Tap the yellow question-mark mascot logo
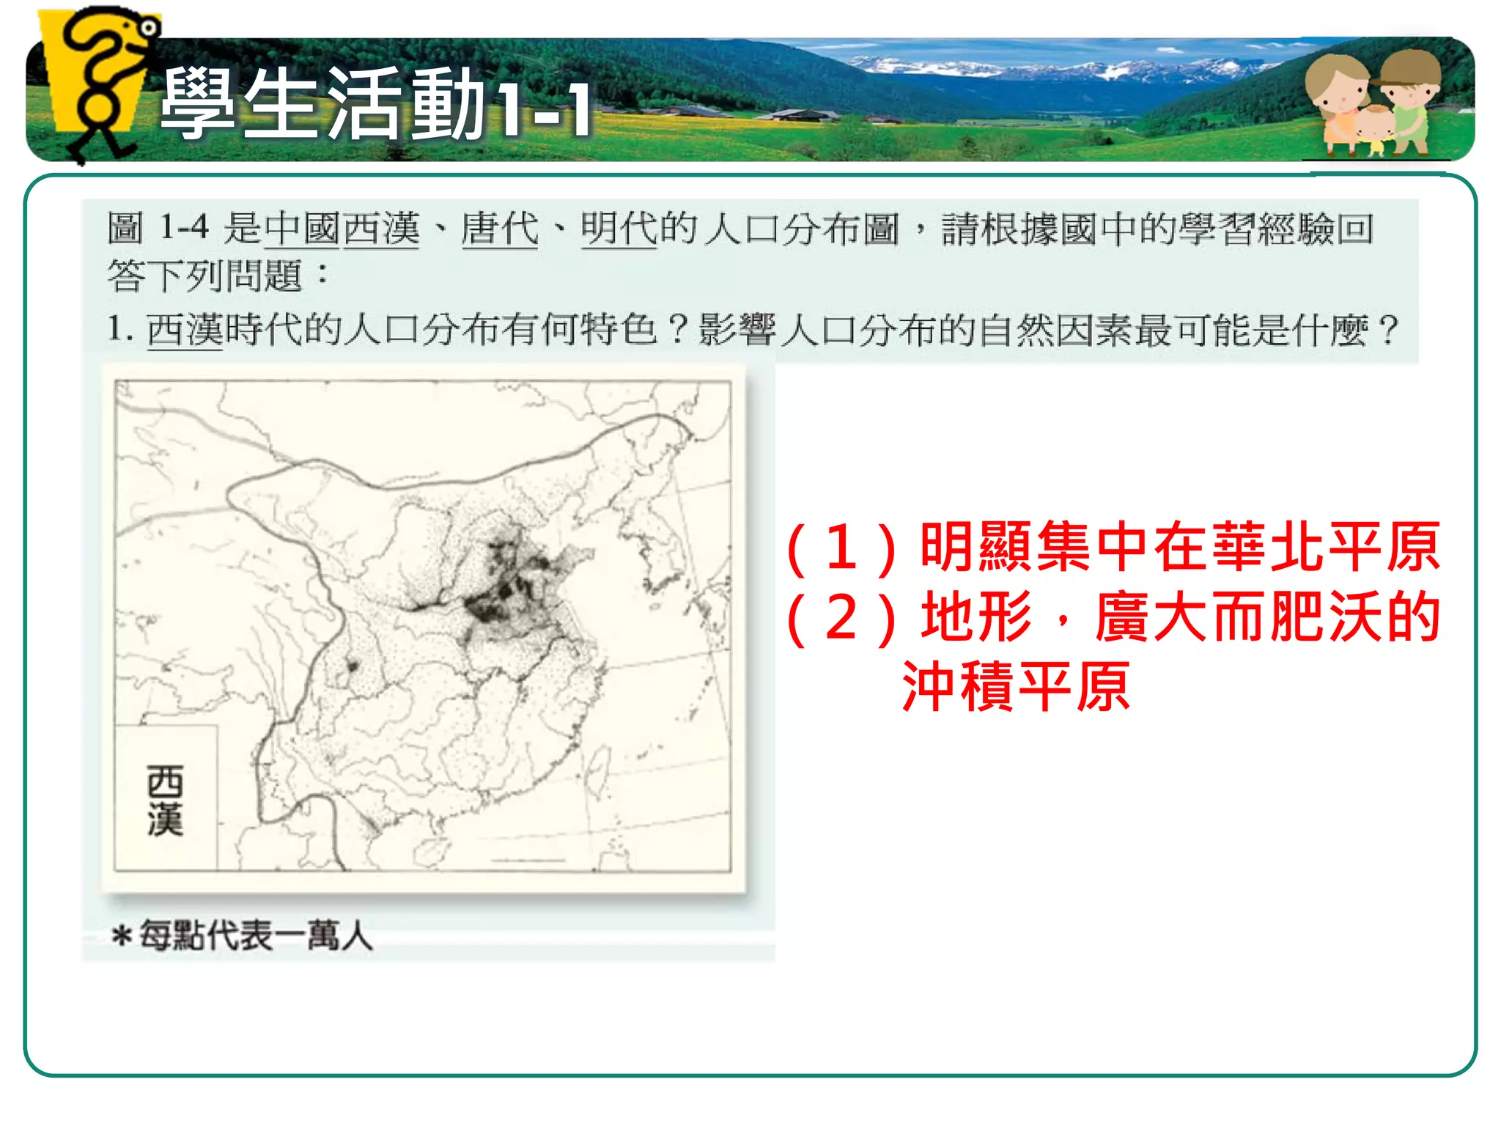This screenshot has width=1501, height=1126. (x=103, y=81)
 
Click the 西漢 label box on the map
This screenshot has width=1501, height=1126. (x=166, y=798)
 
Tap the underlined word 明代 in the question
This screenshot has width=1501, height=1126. (x=619, y=228)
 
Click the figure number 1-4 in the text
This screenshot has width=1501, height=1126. (x=184, y=227)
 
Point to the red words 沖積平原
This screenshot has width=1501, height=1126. (x=1016, y=687)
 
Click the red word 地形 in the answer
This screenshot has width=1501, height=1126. (x=977, y=618)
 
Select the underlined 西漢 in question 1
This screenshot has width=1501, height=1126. (x=185, y=329)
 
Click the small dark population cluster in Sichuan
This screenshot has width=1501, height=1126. (x=353, y=666)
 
